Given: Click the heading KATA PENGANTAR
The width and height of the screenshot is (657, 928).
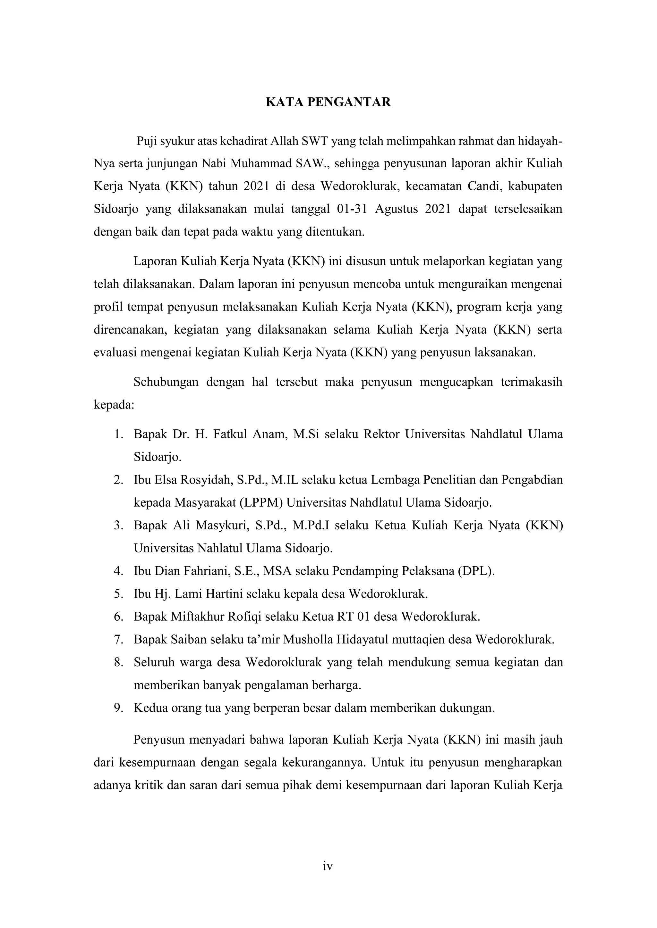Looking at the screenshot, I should coord(328,102).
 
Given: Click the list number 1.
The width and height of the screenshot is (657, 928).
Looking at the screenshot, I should coord(118,435).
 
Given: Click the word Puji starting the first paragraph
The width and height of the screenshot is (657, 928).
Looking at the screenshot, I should coord(147,141).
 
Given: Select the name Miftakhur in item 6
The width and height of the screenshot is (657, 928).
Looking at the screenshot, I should coord(197,617).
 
